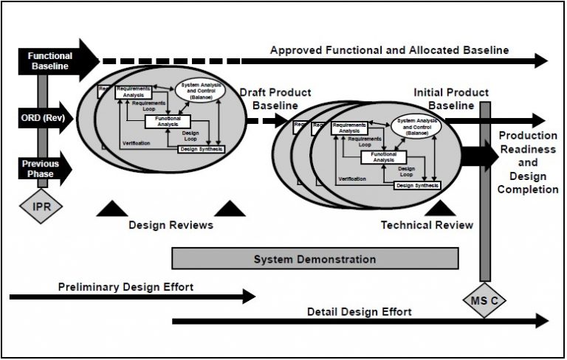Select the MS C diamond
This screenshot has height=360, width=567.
(x=485, y=301)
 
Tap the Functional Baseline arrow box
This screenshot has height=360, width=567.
(x=50, y=60)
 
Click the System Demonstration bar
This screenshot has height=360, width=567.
(x=315, y=259)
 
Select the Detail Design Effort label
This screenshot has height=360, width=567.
(x=360, y=311)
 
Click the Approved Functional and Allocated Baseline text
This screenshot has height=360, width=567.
(x=389, y=50)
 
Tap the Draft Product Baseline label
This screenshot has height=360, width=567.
(x=275, y=99)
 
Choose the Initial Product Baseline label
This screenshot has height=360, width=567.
(x=451, y=99)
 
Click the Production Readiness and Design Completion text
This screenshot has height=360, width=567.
(x=528, y=162)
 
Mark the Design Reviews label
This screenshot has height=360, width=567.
(x=171, y=225)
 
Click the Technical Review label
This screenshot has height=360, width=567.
(x=427, y=225)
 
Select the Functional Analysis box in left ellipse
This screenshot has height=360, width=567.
(x=168, y=122)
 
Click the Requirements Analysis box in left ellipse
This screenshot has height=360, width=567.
(x=133, y=91)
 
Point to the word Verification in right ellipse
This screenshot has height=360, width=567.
(x=351, y=179)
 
